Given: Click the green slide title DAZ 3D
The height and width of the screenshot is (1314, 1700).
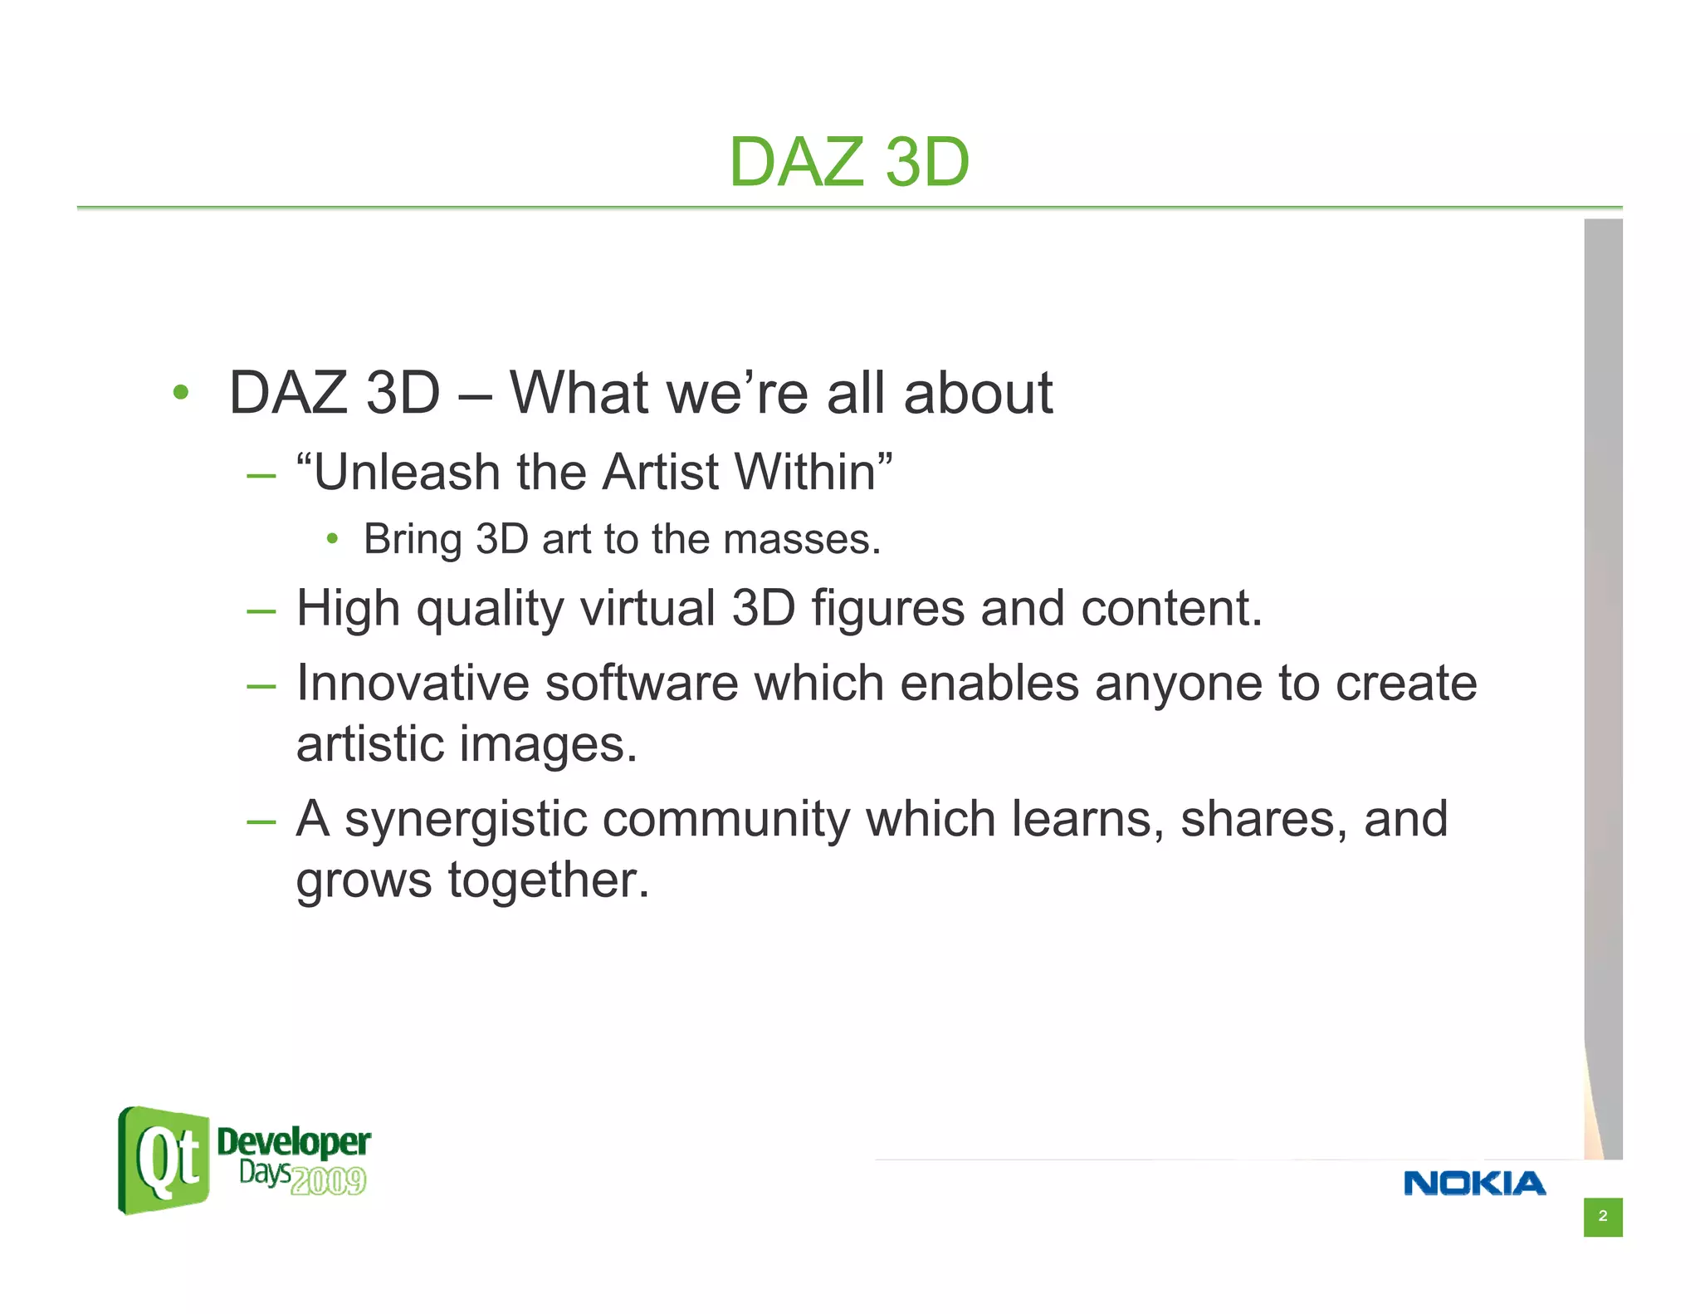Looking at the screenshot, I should pyautogui.click(x=848, y=162).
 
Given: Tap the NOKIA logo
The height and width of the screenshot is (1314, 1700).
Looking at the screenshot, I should pyautogui.click(x=1474, y=1183).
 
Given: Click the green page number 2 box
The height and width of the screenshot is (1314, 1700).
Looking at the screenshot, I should pyautogui.click(x=1602, y=1216).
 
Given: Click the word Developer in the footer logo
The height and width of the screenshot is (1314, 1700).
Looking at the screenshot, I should pyautogui.click(x=293, y=1143).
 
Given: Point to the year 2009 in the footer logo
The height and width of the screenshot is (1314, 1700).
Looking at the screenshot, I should pyautogui.click(x=329, y=1180).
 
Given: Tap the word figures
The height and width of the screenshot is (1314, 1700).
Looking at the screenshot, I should pyautogui.click(x=887, y=608).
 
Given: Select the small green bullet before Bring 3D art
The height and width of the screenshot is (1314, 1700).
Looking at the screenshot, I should pyautogui.click(x=332, y=539).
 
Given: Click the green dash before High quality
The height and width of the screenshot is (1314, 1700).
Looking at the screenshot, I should pyautogui.click(x=261, y=611).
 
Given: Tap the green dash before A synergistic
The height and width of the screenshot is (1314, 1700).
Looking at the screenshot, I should pyautogui.click(x=261, y=821).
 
